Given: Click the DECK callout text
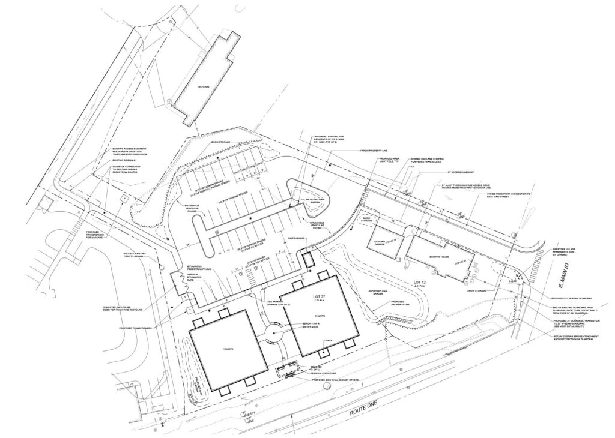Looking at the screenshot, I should (x=329, y=340).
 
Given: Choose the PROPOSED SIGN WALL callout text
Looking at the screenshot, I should (x=330, y=380).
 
